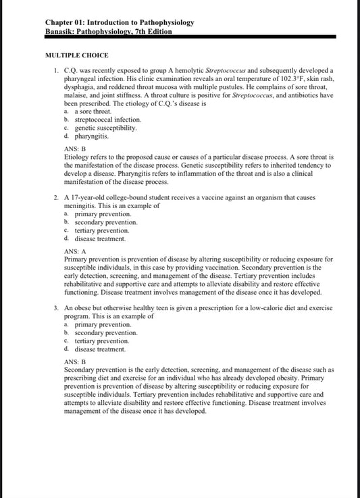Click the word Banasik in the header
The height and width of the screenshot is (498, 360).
coord(62,31)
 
